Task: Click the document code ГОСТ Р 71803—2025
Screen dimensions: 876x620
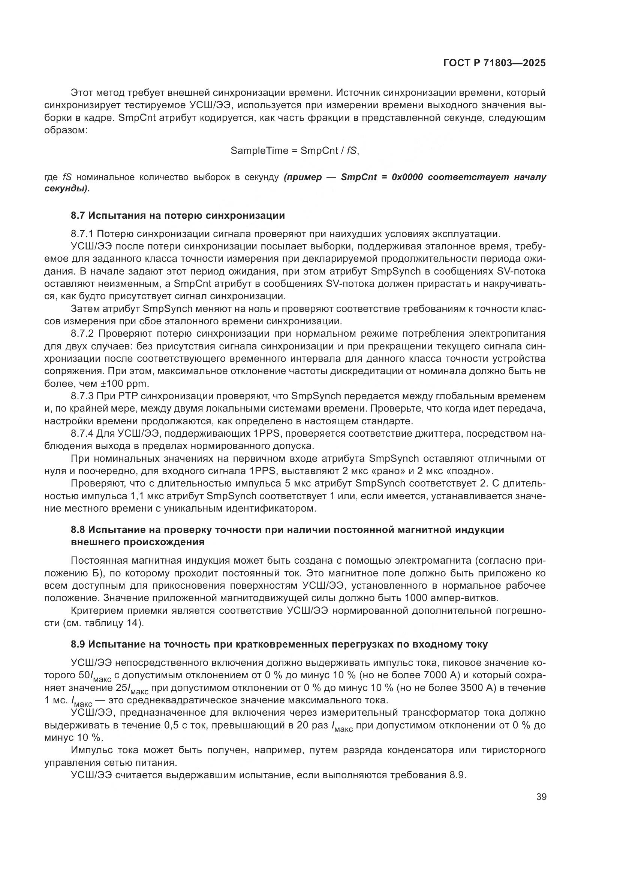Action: tap(494, 63)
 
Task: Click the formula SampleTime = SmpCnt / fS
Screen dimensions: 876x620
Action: tap(295, 151)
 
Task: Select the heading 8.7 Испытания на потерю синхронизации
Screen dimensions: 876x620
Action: tap(178, 216)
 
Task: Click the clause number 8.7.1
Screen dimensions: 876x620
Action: tap(82, 234)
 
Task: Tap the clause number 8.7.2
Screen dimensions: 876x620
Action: tap(82, 333)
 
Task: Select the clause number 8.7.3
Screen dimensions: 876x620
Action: tap(82, 395)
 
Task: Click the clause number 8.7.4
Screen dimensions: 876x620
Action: tap(82, 433)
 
